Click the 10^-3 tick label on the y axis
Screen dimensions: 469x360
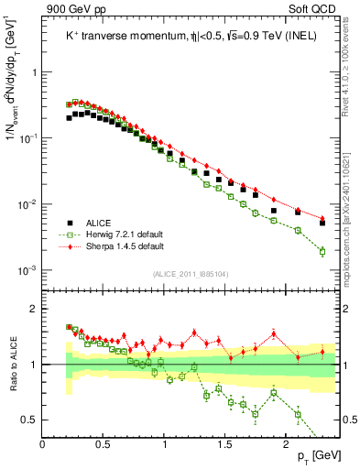click(27, 270)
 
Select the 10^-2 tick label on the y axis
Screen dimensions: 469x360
click(27, 204)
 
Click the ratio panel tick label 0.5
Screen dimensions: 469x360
click(28, 420)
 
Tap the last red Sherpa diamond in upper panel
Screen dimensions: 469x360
click(322, 217)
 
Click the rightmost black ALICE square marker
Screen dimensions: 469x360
click(322, 223)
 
